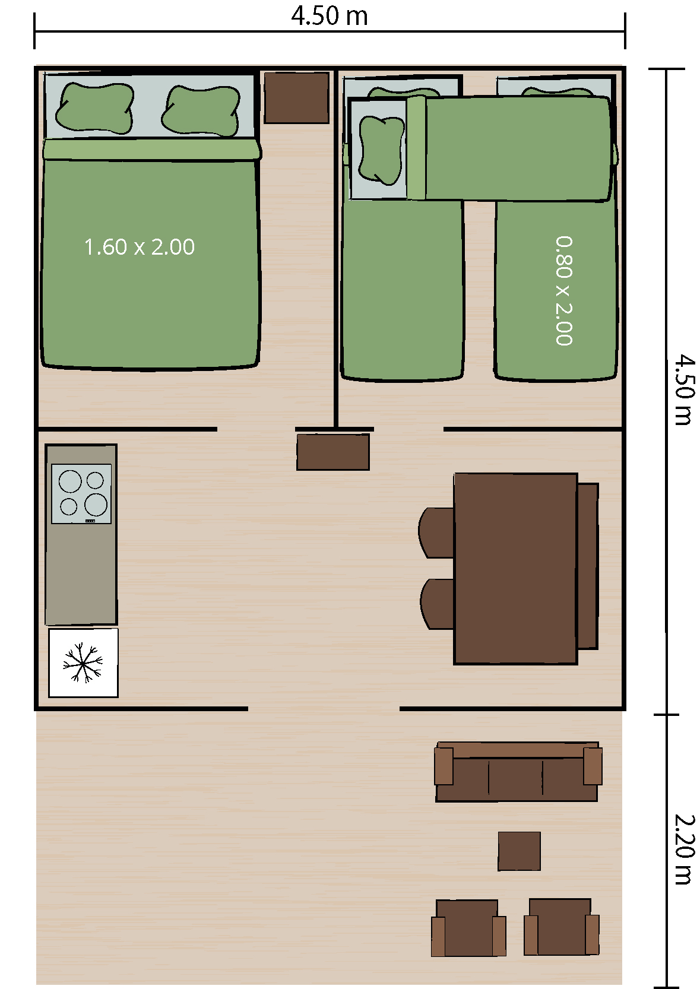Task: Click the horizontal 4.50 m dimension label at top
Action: (329, 16)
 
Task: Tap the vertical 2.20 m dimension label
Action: (685, 850)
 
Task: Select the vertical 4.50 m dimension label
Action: (685, 389)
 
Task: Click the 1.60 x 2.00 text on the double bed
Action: (139, 247)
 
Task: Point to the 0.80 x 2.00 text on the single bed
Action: (564, 290)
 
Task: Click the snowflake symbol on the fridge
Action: (83, 662)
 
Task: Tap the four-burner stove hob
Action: (81, 494)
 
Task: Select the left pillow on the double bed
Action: (94, 107)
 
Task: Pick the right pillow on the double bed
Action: (201, 110)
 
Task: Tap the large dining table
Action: (516, 569)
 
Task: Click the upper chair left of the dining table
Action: (436, 532)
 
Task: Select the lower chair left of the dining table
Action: (437, 604)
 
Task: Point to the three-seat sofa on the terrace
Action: (518, 771)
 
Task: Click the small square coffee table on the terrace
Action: (519, 851)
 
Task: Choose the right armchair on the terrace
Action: (561, 926)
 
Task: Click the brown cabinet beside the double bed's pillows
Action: (297, 97)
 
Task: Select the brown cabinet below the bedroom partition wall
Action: (333, 452)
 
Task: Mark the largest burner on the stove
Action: (96, 505)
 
